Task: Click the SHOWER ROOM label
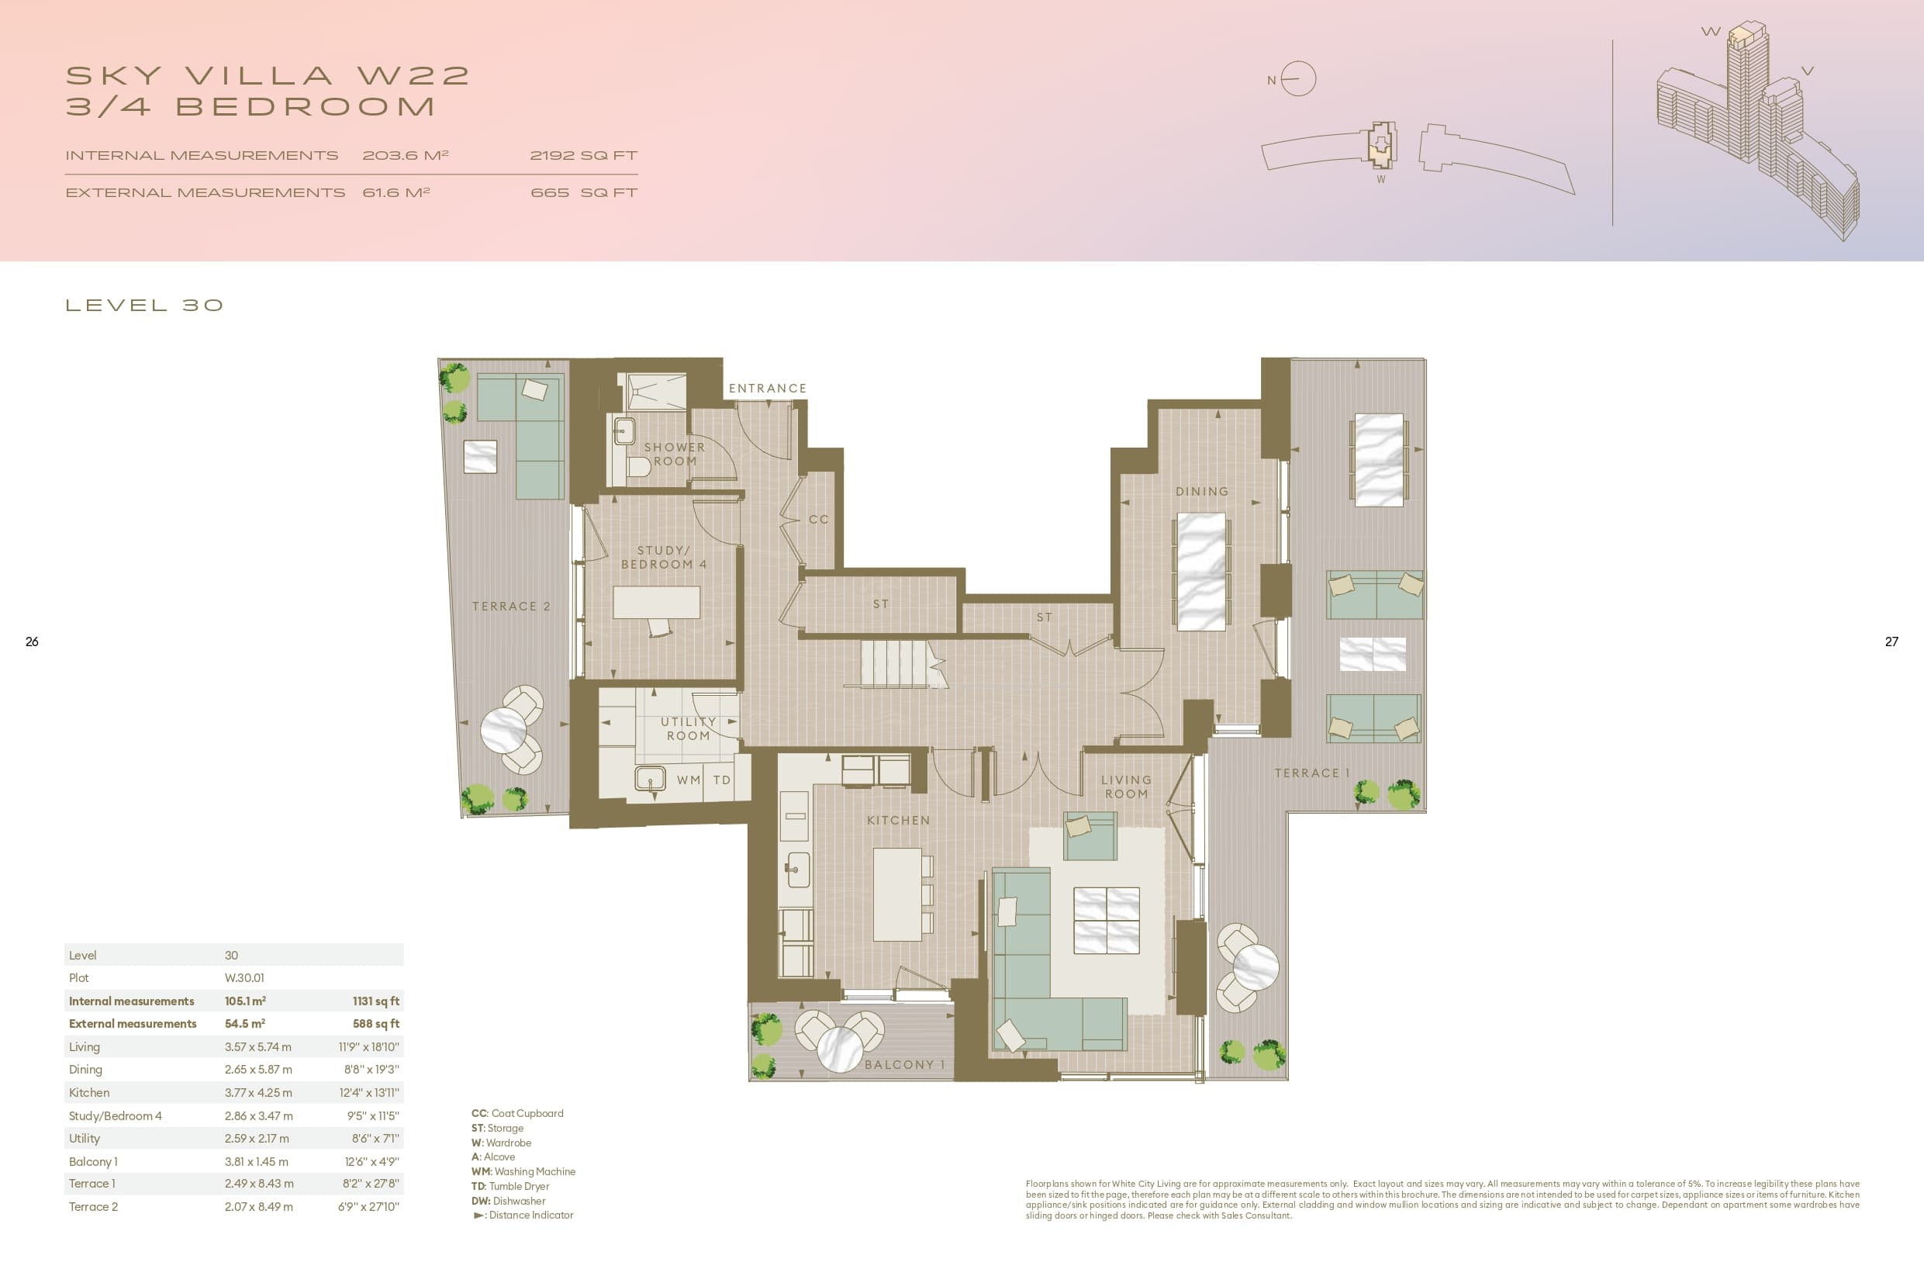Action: (674, 454)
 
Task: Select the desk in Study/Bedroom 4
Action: (656, 602)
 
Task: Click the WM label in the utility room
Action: (689, 780)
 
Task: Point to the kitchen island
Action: (896, 894)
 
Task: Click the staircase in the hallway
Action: (896, 663)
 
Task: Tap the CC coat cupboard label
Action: (819, 520)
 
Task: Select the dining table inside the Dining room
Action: (1201, 571)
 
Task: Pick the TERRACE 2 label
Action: (511, 607)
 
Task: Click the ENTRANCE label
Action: (767, 389)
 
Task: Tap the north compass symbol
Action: (1297, 79)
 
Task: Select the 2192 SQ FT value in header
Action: (583, 155)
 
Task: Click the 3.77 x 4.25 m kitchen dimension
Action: (257, 1092)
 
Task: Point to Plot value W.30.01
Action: (244, 978)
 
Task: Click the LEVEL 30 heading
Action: (144, 305)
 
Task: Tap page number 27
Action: (1891, 641)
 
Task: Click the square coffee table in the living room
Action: (1106, 921)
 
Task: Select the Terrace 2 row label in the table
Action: (93, 1207)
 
